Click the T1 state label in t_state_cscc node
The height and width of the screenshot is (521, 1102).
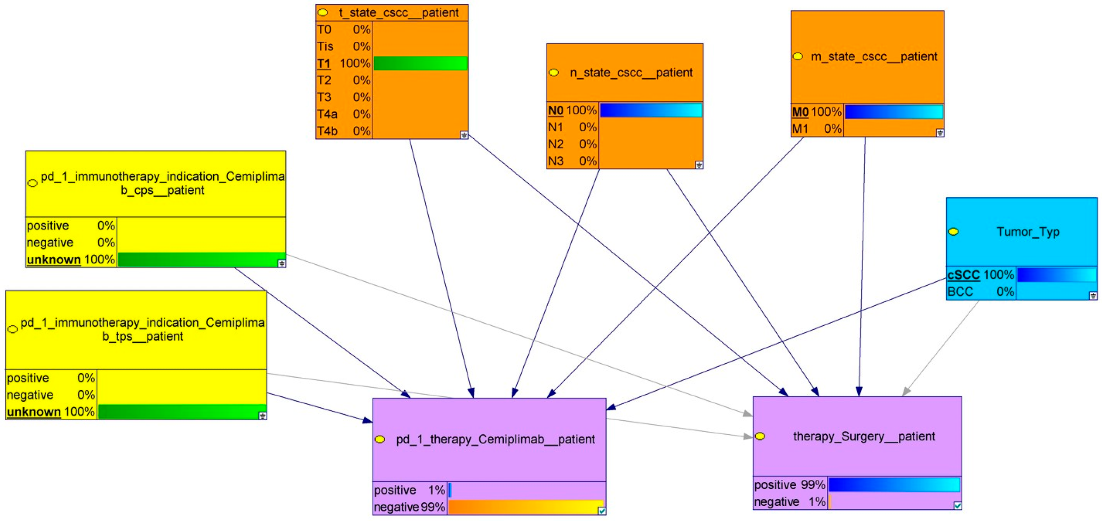coord(324,64)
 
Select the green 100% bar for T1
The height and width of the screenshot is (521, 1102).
coord(420,63)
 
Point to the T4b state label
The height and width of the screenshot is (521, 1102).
coord(327,131)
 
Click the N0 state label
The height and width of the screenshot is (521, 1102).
coord(556,111)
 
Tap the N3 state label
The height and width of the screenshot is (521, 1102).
coord(556,161)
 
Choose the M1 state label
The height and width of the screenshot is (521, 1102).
coord(799,129)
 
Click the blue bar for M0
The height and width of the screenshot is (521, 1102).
coord(894,112)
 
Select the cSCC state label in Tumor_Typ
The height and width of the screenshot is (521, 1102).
coord(964,275)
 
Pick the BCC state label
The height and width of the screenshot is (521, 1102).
coord(960,292)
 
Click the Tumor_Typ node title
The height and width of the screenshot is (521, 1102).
coord(1028,232)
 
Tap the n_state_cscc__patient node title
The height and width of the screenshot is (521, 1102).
coord(631,73)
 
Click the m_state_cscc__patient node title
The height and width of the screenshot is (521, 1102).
coord(873,57)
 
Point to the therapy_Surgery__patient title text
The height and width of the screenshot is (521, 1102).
coord(864,436)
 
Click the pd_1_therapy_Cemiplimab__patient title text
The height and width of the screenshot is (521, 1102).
coord(495,439)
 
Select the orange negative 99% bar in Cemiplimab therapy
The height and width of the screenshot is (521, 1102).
coord(525,507)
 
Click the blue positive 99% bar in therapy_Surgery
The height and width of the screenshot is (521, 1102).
coord(894,485)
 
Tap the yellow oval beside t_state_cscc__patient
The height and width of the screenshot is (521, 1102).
coord(323,13)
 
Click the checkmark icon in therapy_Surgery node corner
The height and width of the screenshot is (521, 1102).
coord(958,506)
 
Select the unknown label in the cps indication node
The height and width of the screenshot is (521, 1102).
coord(54,259)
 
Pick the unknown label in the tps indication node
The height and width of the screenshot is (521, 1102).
coord(34,412)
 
